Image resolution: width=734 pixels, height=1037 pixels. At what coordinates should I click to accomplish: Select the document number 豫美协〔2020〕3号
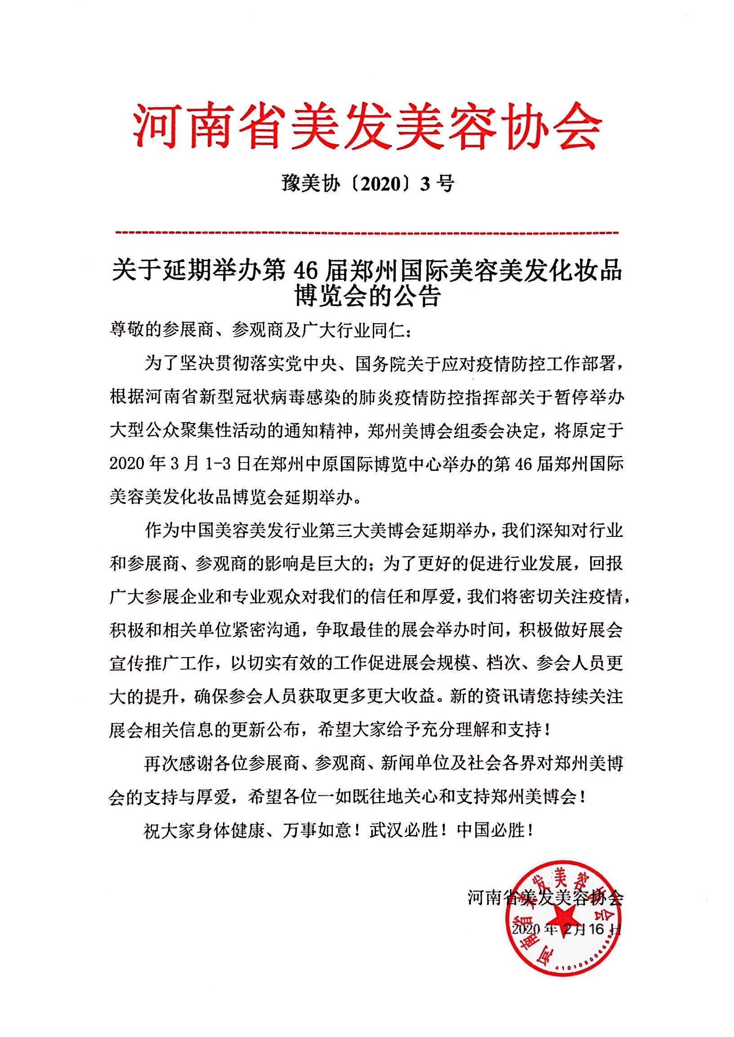(367, 184)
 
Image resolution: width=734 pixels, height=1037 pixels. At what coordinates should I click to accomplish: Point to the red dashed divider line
(367, 233)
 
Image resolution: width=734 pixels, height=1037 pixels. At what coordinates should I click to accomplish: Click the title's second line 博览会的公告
(367, 297)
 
